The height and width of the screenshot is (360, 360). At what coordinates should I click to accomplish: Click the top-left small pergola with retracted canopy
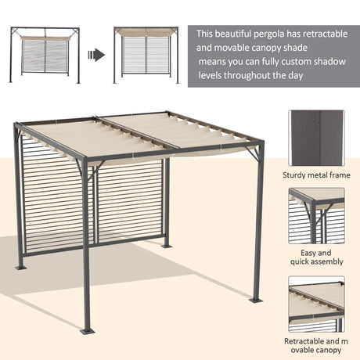(x=45, y=55)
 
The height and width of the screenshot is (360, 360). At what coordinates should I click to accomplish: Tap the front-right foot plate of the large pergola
(x=256, y=300)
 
